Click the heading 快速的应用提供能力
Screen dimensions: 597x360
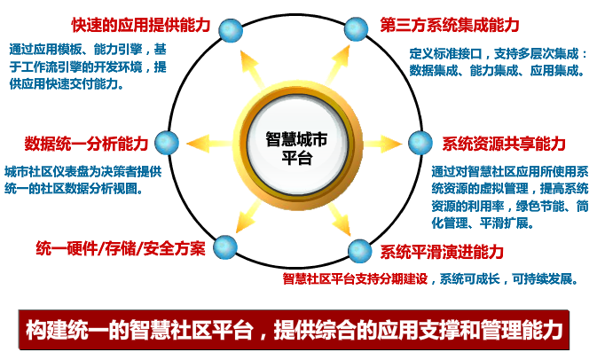click(141, 25)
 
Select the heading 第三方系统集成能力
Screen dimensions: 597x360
click(450, 25)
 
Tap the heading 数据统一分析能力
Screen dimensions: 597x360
click(86, 144)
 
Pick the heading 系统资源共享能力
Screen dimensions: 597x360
click(504, 144)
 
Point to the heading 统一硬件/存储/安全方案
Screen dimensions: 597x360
click(121, 248)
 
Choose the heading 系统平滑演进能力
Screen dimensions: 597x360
click(442, 252)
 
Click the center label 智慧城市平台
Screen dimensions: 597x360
click(297, 148)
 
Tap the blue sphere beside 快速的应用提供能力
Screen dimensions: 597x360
click(231, 30)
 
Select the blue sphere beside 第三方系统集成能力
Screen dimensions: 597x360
click(356, 29)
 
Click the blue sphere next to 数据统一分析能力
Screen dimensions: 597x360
click(167, 143)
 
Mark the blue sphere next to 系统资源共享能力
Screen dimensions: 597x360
click(420, 143)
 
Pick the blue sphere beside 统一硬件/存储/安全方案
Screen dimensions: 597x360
click(225, 247)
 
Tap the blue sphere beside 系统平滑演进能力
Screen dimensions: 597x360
click(360, 251)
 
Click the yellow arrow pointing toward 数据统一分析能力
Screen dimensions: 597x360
click(209, 144)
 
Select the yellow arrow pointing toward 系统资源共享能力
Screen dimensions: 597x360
click(382, 144)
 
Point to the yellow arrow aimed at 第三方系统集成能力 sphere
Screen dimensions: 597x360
click(336, 66)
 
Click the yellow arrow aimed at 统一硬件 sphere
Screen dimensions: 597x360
click(248, 216)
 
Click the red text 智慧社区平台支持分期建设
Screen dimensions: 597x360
click(355, 279)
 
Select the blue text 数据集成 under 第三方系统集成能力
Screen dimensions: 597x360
click(434, 70)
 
